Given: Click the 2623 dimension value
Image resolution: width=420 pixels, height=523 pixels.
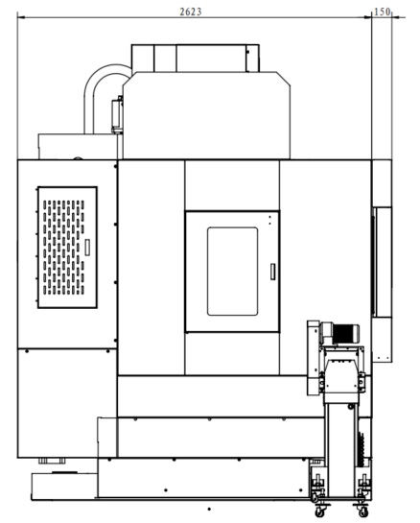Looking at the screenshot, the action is (191, 12).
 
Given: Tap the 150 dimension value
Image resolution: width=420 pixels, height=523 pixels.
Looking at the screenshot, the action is (382, 12).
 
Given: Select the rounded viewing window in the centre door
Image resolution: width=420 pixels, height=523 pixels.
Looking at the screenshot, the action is (232, 272).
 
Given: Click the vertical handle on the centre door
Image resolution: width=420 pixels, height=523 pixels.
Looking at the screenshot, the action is (272, 272).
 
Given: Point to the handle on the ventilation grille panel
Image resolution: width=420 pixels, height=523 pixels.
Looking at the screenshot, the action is (87, 248).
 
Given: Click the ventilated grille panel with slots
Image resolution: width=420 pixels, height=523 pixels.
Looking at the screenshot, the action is (68, 248).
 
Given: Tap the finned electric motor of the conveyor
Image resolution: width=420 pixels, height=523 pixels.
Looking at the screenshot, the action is (345, 333).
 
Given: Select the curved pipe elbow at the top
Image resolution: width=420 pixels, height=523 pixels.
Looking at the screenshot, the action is (100, 90).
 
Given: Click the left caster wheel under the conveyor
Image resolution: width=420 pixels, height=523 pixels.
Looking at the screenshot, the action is (320, 511).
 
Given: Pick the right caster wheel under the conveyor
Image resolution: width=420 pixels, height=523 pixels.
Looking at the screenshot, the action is (362, 511).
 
